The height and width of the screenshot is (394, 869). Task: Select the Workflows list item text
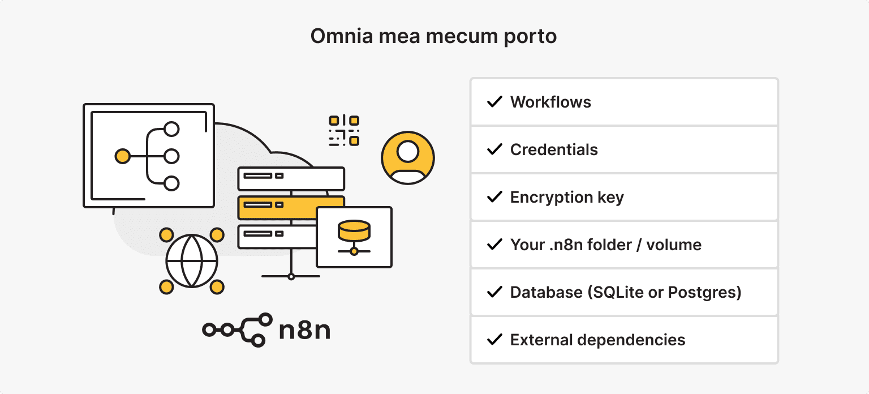point(550,102)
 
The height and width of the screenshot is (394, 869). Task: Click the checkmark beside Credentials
point(495,149)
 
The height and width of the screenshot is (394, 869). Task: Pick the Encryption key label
point(567,198)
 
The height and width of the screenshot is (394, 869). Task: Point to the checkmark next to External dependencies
point(495,340)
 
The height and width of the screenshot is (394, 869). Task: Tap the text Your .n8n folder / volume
point(605,245)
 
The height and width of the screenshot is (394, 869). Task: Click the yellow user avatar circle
point(408,158)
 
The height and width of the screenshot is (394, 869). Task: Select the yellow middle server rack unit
point(291,208)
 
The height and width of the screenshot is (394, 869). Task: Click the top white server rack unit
point(291,178)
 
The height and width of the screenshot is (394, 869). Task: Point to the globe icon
point(192,261)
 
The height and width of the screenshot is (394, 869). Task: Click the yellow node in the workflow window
point(122,156)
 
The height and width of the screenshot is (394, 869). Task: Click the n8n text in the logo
point(305,330)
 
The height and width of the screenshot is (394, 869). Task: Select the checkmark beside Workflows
point(495,102)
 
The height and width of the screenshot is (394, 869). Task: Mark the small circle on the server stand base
point(291,276)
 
